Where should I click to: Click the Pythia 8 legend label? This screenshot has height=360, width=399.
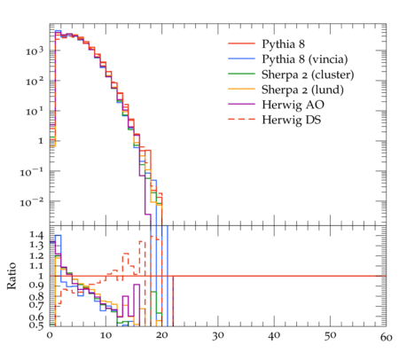coord(283,44)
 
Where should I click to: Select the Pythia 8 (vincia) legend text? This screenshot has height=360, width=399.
coord(305,59)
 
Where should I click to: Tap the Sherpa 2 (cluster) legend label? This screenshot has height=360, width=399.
coord(308,74)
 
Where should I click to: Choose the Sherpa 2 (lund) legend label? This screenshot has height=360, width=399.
coord(302,90)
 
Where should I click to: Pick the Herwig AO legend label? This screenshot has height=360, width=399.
coord(293,105)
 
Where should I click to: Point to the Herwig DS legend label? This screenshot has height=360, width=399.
coord(292,120)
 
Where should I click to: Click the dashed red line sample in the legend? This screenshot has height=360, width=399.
coord(241,120)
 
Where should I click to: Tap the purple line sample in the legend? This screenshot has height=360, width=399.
coord(241,104)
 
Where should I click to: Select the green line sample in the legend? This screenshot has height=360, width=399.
coord(241,74)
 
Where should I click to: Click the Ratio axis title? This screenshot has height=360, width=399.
coord(12,276)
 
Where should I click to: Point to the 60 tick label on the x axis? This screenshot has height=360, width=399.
coord(386,337)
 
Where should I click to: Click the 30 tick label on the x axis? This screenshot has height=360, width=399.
coord(218,336)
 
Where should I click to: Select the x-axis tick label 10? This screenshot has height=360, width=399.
coord(106,335)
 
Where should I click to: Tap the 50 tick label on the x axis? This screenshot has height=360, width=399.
coord(330,336)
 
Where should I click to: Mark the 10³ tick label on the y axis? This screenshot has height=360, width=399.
coord(35,51)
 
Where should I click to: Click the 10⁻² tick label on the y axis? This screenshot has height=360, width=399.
coord(32,202)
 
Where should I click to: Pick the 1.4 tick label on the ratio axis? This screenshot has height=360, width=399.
coord(36,235)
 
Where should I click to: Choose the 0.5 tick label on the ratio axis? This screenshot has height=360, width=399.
coord(36,325)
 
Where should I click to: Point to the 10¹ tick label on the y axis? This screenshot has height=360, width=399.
coord(35,112)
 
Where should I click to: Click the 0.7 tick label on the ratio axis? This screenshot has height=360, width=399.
coord(36,304)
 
